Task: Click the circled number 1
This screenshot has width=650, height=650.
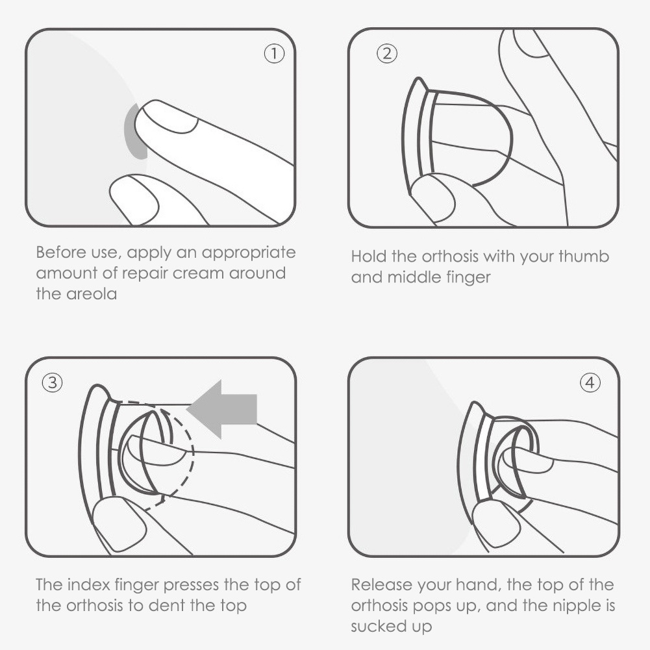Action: click(274, 53)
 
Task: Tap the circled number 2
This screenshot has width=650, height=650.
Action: click(387, 53)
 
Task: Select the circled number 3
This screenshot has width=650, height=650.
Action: click(52, 382)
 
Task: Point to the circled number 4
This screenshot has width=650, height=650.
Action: click(590, 382)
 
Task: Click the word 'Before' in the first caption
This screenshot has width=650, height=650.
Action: click(61, 252)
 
